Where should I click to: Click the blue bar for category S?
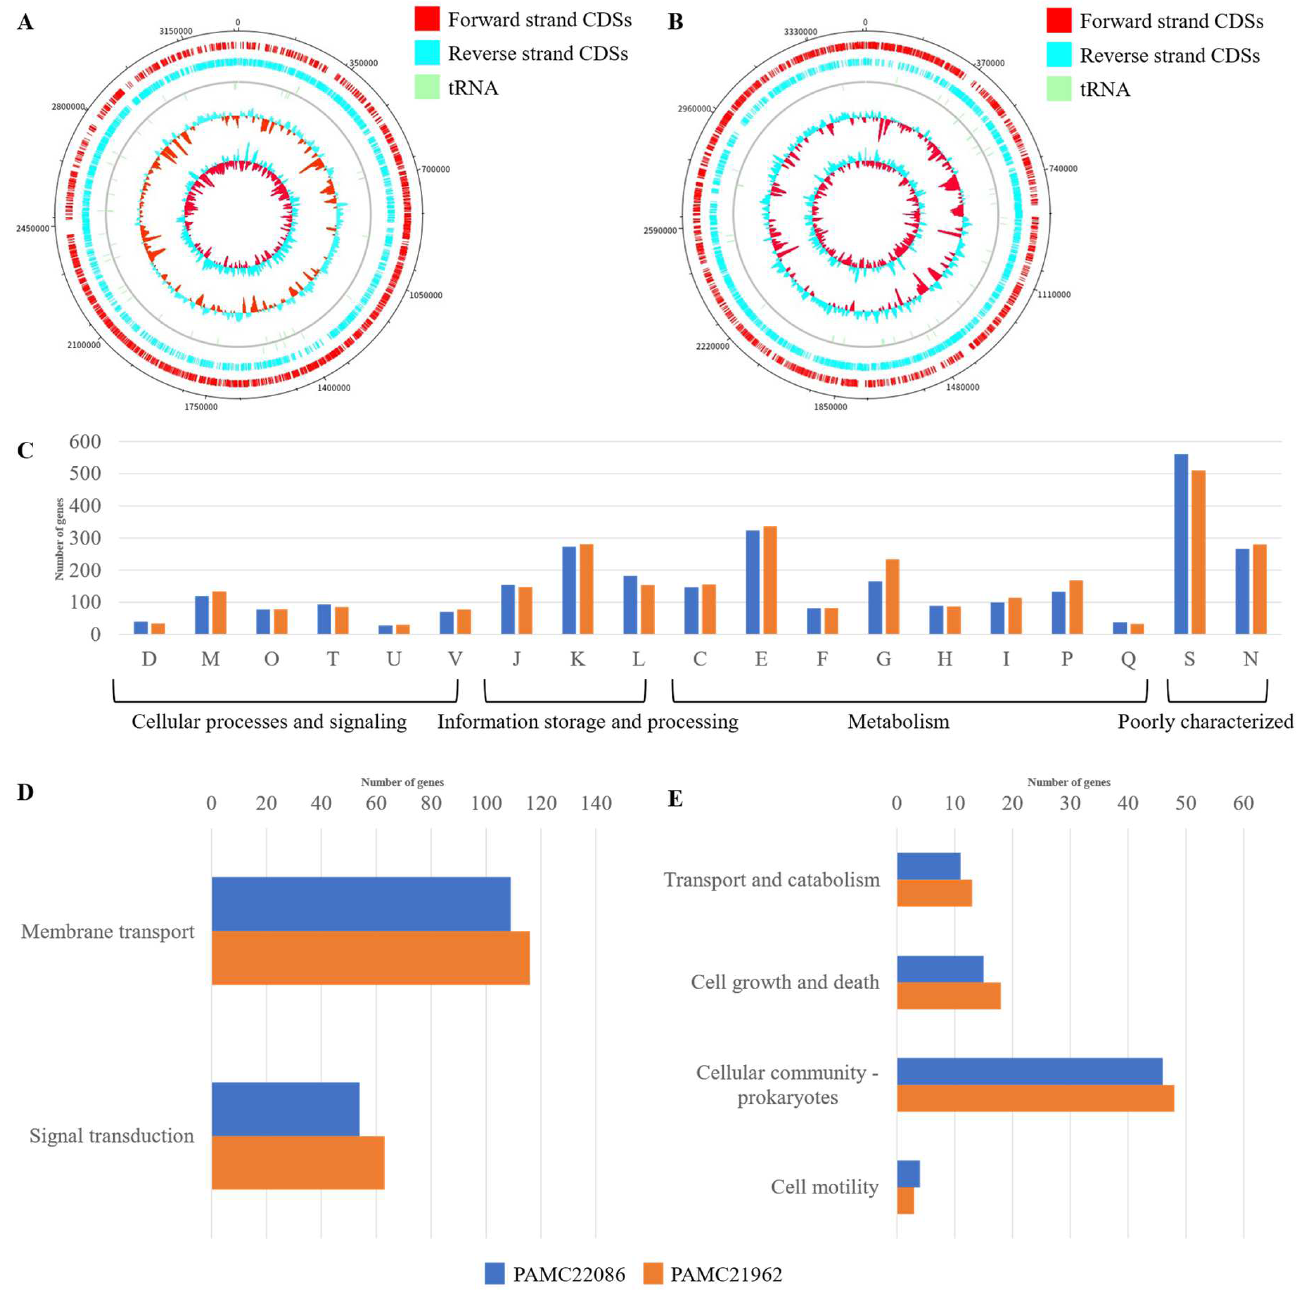click(1181, 544)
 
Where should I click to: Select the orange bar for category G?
click(892, 596)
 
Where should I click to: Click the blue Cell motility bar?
click(908, 1193)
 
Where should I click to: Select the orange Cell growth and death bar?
click(948, 995)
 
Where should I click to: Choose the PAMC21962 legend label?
click(726, 1274)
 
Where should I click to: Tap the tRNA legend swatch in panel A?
click(427, 87)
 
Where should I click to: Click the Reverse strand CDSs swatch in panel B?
click(1059, 55)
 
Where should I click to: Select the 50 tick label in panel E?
click(1185, 803)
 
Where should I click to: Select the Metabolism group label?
click(898, 721)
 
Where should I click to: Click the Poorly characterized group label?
click(1205, 721)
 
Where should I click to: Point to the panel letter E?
click(675, 799)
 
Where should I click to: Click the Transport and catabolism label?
click(771, 880)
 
